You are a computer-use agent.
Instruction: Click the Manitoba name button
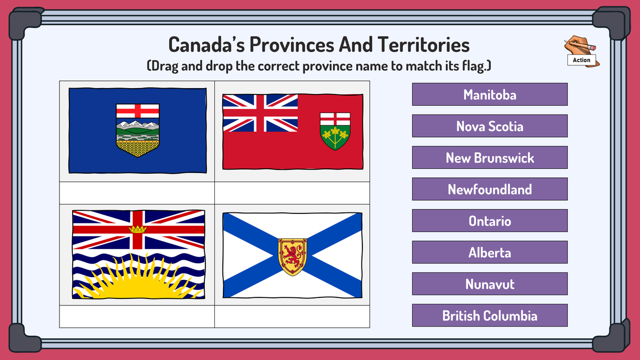(489, 95)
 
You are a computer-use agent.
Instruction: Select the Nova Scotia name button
(489, 126)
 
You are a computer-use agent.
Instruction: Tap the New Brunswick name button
(489, 158)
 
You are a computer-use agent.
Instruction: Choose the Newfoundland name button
(489, 190)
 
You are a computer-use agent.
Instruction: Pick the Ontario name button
(489, 221)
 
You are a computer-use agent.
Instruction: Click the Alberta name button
(489, 253)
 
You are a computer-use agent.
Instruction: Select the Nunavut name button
(489, 284)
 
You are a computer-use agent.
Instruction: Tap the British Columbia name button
(489, 316)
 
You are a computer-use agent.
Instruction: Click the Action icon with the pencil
(582, 52)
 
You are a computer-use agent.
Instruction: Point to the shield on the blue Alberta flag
(137, 130)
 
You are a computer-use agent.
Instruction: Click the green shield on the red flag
(335, 131)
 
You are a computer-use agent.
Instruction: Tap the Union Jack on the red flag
(260, 113)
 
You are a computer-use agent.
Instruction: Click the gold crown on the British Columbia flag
(137, 229)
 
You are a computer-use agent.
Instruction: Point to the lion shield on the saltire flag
(292, 256)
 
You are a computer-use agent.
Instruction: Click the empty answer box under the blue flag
(137, 193)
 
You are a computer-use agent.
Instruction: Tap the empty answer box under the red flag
(292, 193)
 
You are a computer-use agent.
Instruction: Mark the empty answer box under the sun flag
(137, 316)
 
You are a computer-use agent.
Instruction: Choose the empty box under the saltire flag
(292, 316)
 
